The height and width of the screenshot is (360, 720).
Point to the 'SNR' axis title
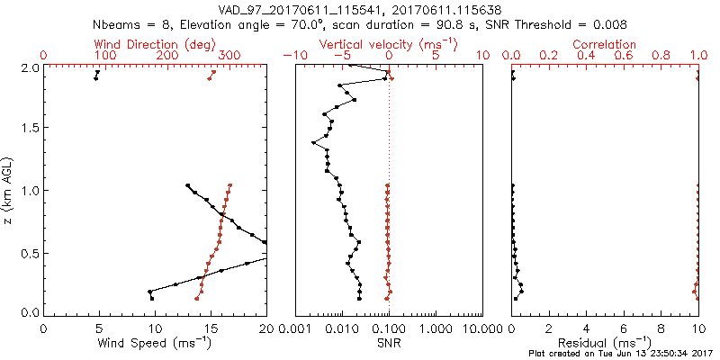(x=389, y=343)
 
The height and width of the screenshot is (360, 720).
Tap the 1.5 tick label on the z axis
(x=30, y=129)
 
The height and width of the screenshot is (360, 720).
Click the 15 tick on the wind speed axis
(x=211, y=329)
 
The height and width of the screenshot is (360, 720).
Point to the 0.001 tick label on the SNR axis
(x=295, y=329)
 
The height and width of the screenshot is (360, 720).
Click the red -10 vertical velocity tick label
(x=294, y=56)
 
